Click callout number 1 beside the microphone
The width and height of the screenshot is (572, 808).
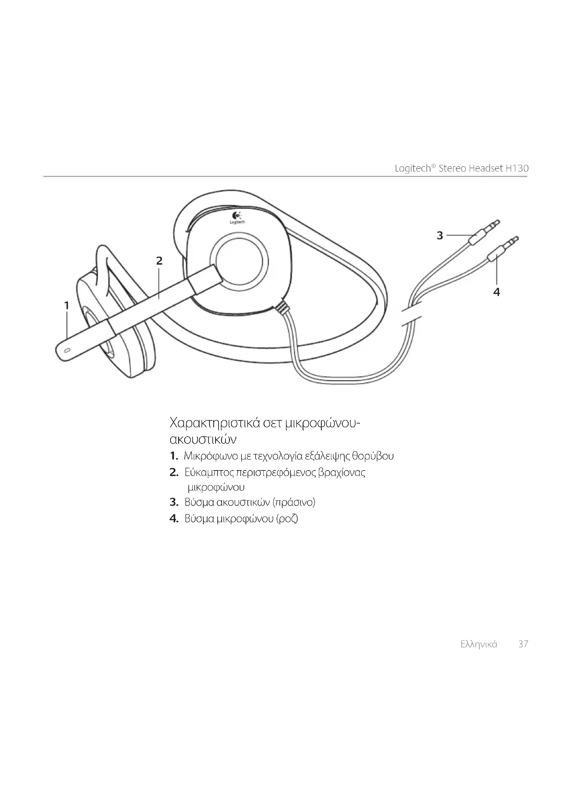[x=66, y=305]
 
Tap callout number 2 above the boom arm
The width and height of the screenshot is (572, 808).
[x=159, y=261]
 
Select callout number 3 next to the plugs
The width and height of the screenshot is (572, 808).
[x=440, y=235]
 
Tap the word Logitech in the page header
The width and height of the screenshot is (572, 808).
[x=413, y=169]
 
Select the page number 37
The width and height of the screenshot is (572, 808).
[x=523, y=644]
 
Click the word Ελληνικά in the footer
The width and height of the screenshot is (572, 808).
[x=479, y=644]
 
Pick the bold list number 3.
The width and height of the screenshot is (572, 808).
[x=174, y=502]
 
